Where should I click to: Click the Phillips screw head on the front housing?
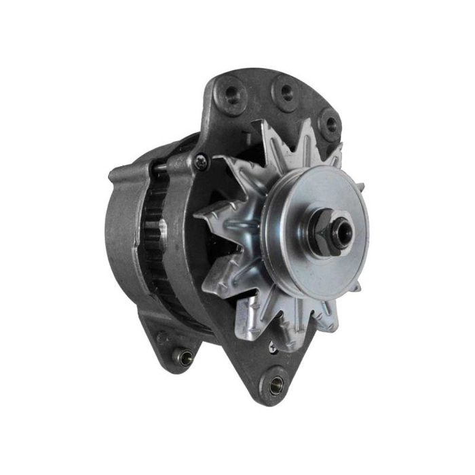pos(201,161)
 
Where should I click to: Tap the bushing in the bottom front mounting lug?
pos(276,385)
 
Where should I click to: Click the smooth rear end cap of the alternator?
pos(122,224)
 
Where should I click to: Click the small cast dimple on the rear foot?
pos(161,337)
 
